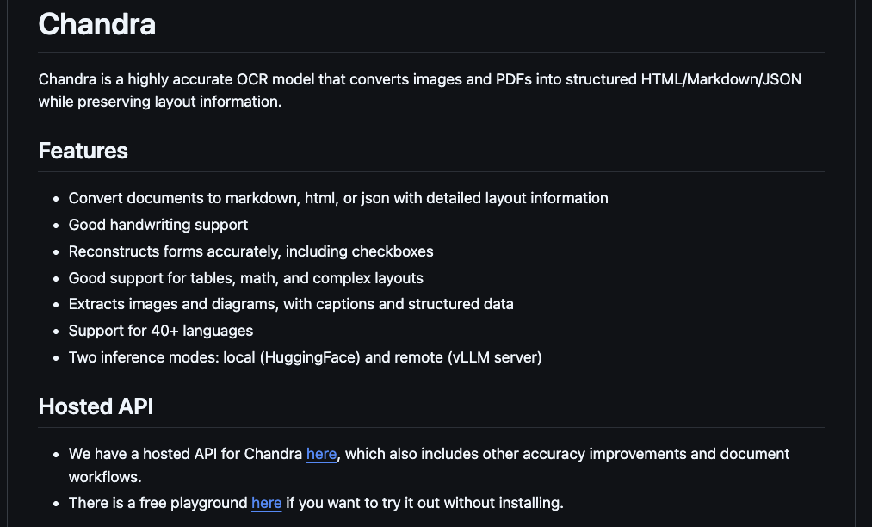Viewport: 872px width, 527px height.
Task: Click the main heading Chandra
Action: coord(96,24)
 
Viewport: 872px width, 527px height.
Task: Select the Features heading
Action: coord(83,151)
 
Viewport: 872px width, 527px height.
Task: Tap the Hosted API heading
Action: coord(96,406)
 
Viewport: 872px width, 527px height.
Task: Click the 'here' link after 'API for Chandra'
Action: coord(321,454)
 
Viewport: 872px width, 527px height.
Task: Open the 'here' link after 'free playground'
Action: coord(266,503)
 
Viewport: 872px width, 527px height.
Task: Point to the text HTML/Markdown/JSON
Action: coord(721,79)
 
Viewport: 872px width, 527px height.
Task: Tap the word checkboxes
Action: coord(393,251)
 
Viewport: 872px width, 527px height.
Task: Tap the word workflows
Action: coord(104,476)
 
